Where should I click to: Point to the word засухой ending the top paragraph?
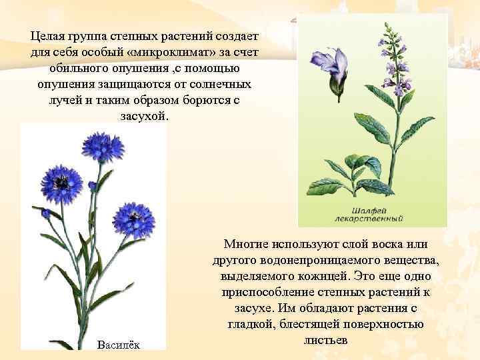[145, 116]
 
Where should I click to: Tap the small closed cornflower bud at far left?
[46, 213]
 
